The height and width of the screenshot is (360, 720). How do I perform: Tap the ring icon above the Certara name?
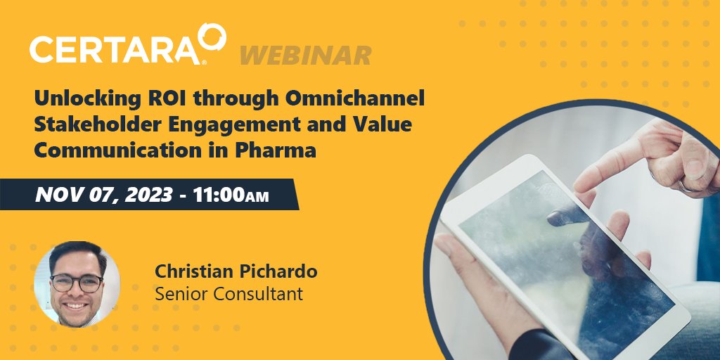click(x=211, y=38)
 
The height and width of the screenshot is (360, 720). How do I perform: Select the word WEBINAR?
click(x=306, y=55)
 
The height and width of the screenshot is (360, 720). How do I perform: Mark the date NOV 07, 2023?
click(x=103, y=194)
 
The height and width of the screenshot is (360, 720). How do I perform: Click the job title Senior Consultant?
click(x=229, y=293)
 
